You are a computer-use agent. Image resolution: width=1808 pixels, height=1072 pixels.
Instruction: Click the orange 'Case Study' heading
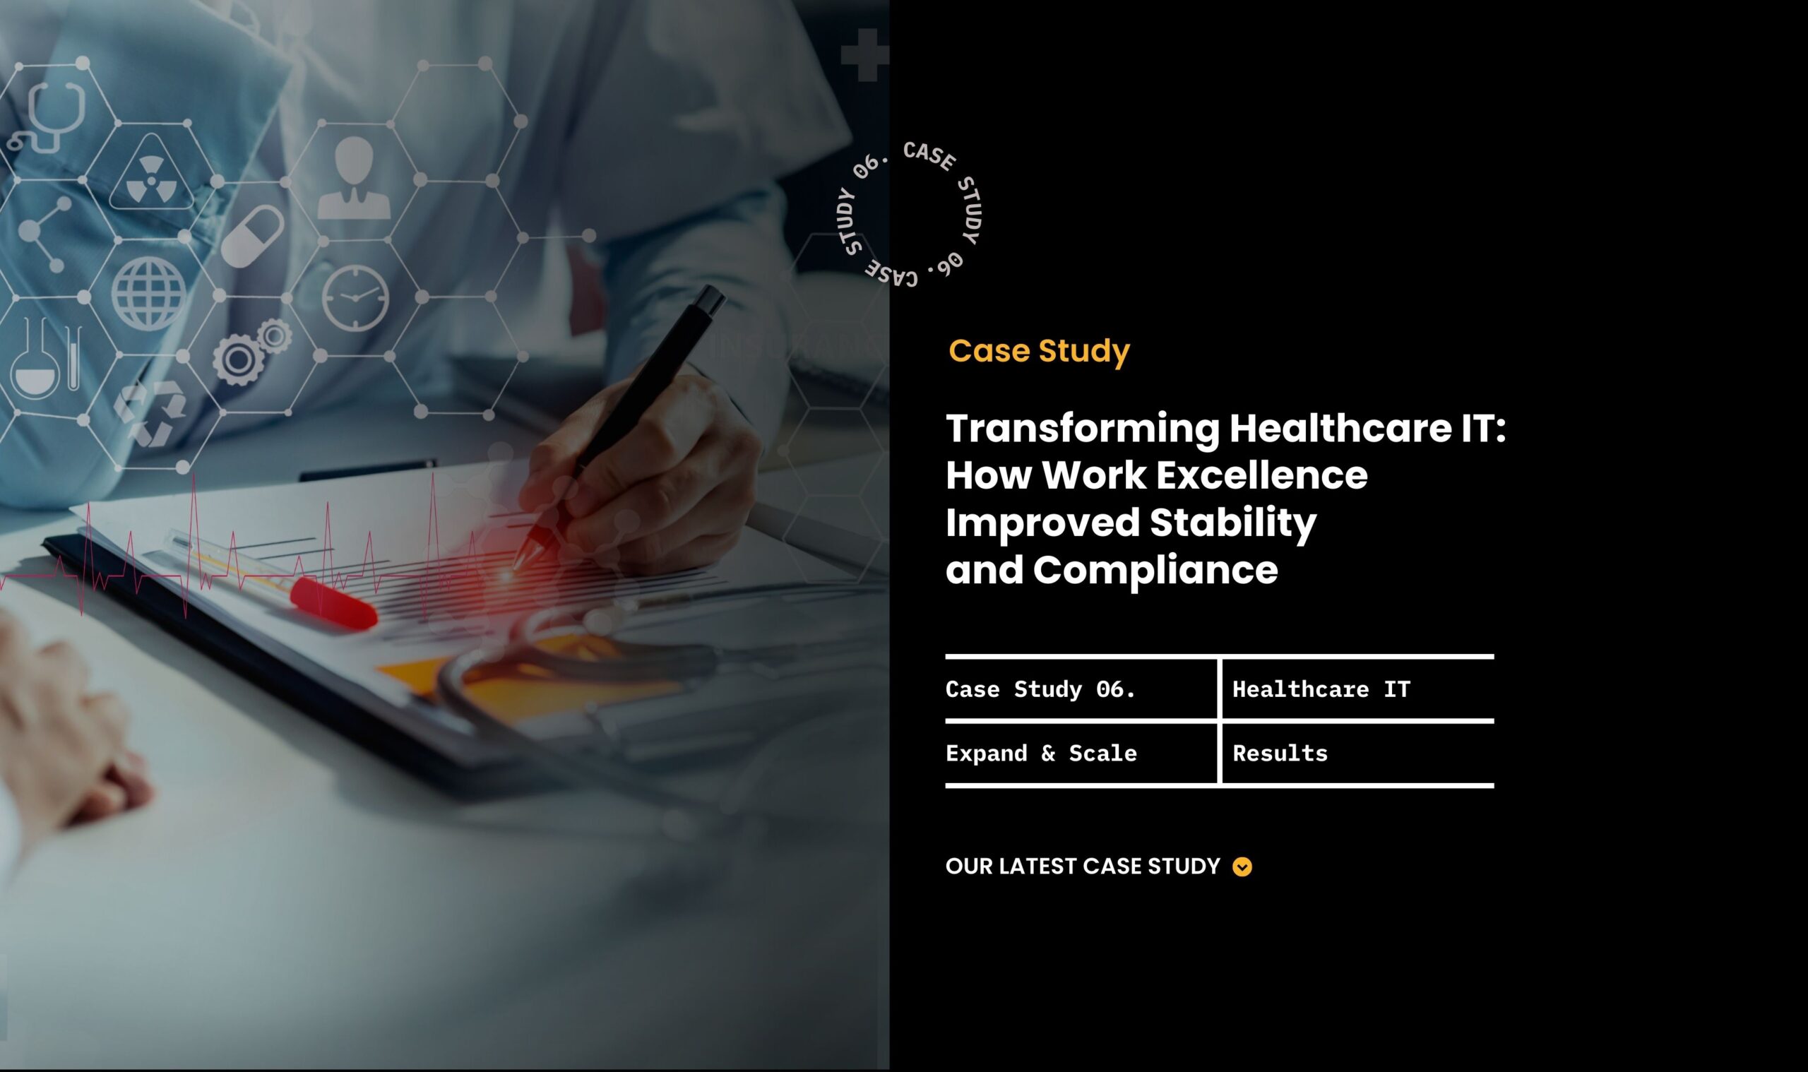click(x=1039, y=351)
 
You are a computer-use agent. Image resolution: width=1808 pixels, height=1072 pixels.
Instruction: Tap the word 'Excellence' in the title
click(x=1261, y=475)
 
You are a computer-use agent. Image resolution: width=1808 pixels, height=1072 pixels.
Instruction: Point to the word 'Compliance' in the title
click(x=1155, y=570)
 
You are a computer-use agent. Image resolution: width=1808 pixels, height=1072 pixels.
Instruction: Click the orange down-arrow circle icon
click(x=1242, y=866)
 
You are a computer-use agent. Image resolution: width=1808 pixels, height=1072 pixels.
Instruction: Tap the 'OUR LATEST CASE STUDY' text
click(x=1083, y=866)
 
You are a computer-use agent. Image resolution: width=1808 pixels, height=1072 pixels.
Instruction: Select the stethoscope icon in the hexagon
click(x=47, y=117)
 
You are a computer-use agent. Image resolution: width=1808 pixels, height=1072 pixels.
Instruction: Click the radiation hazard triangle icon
click(x=151, y=173)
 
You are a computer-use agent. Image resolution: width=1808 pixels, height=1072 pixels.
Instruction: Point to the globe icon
click(x=149, y=294)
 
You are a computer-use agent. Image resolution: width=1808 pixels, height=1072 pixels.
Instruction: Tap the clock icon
click(x=355, y=297)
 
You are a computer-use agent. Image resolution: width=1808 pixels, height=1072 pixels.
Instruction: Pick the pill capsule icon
click(x=252, y=235)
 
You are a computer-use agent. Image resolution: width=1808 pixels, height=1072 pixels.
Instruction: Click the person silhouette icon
click(x=354, y=178)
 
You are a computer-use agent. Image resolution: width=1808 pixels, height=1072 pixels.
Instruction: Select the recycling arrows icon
click(x=150, y=412)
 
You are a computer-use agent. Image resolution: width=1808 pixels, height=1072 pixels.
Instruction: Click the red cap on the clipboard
click(x=333, y=602)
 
